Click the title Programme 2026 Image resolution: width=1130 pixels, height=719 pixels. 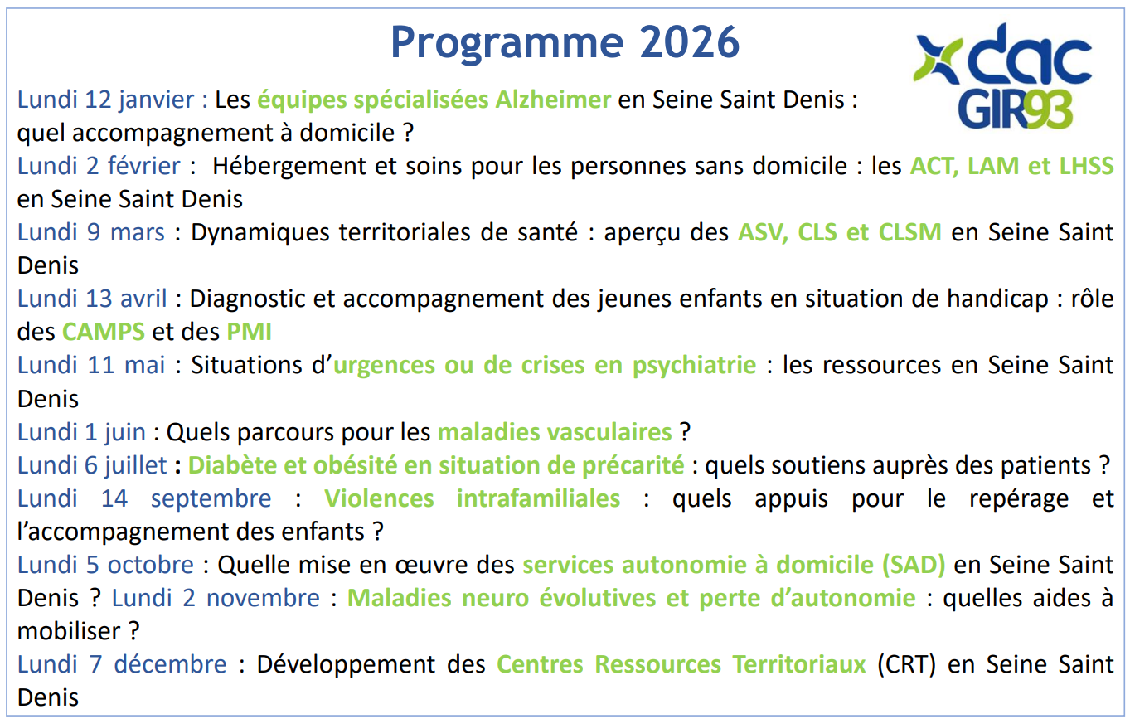pyautogui.click(x=565, y=41)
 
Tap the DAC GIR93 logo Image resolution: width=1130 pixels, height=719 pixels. pyautogui.click(x=1001, y=77)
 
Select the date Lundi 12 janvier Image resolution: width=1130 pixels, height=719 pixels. pyautogui.click(x=112, y=100)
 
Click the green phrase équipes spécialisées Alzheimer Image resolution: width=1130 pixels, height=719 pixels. pyautogui.click(x=434, y=100)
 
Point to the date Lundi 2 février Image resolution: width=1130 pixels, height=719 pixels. pyautogui.click(x=99, y=166)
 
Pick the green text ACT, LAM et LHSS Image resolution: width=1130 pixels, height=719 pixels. pyautogui.click(x=1011, y=166)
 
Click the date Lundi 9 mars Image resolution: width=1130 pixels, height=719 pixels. pyautogui.click(x=91, y=232)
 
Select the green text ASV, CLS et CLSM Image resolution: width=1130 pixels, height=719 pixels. pyautogui.click(x=839, y=232)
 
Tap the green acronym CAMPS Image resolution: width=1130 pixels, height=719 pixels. pyautogui.click(x=104, y=333)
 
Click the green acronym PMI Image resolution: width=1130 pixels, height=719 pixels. pyautogui.click(x=249, y=333)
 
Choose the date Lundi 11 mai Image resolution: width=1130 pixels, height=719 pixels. pyautogui.click(x=91, y=365)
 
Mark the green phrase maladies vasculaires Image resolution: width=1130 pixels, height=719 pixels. pyautogui.click(x=555, y=432)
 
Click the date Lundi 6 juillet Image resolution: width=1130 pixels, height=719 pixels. pyautogui.click(x=92, y=465)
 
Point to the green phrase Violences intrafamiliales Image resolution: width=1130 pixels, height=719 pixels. pyautogui.click(x=472, y=498)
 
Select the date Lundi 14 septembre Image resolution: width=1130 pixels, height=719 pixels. pyautogui.click(x=144, y=498)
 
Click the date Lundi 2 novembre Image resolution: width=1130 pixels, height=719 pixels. pyautogui.click(x=216, y=598)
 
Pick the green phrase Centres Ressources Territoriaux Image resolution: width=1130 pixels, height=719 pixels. pyautogui.click(x=681, y=664)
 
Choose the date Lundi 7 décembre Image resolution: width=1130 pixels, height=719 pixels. pyautogui.click(x=122, y=664)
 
